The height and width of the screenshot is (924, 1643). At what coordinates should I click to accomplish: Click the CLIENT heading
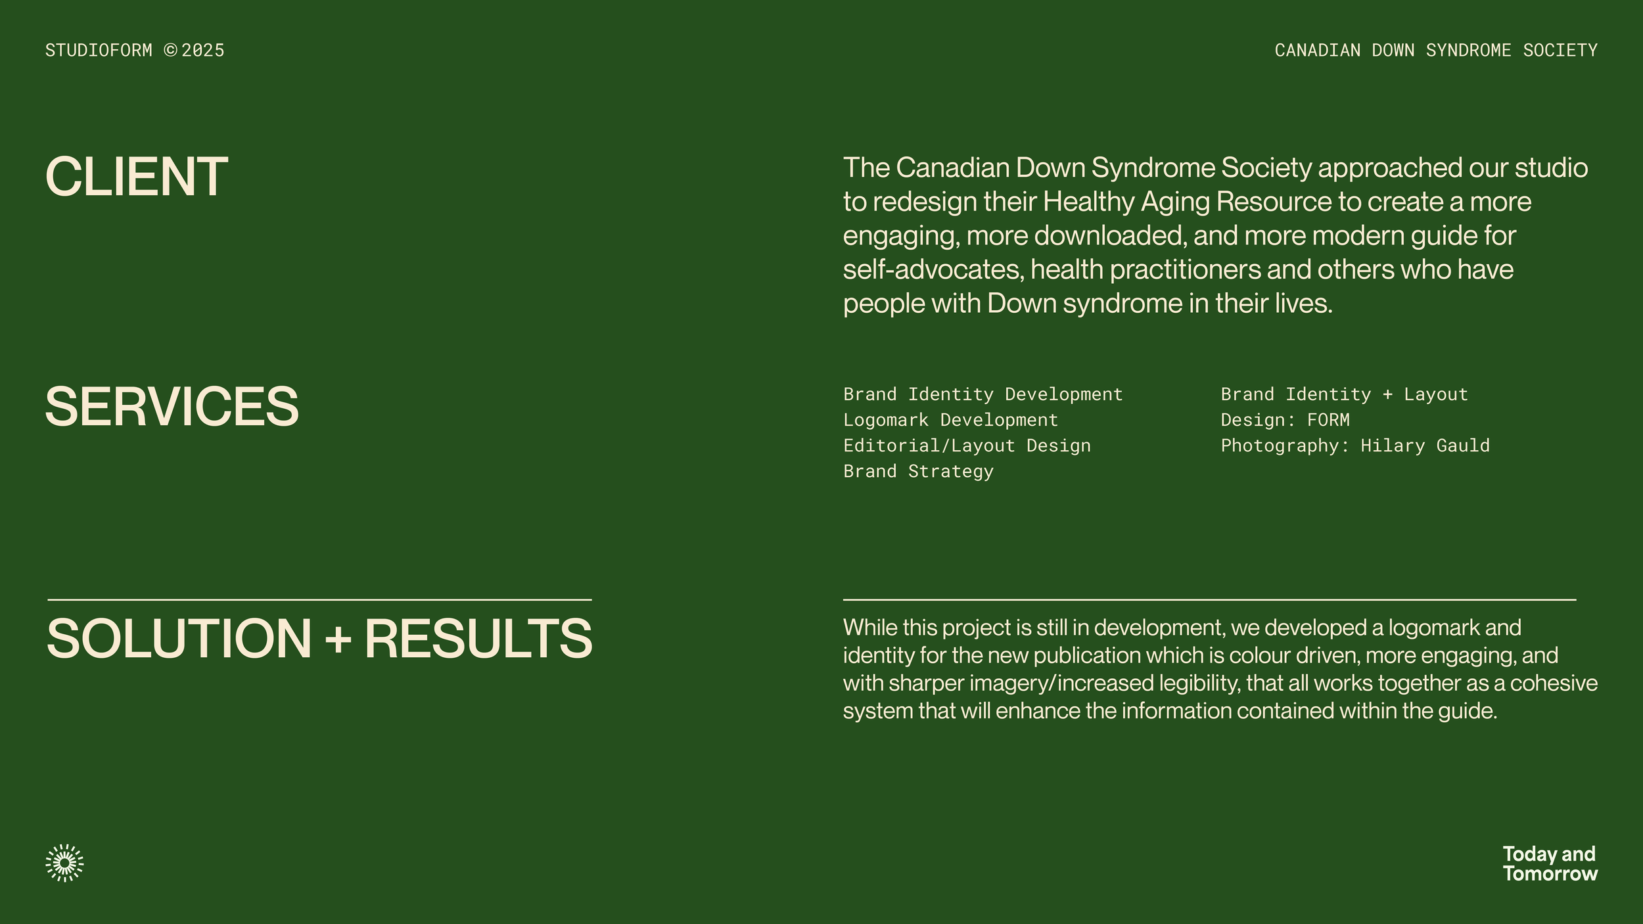(x=137, y=177)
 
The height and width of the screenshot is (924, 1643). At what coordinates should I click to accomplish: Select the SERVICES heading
(x=172, y=407)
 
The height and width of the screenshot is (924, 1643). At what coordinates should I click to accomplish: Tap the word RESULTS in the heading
(x=478, y=638)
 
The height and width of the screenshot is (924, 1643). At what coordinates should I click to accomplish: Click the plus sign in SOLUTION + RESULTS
(x=338, y=639)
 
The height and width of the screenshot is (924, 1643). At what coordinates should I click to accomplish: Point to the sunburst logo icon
(x=64, y=862)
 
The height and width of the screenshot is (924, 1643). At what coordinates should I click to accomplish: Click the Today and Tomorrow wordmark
(x=1550, y=864)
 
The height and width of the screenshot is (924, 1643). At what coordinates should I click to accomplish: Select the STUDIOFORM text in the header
(x=99, y=51)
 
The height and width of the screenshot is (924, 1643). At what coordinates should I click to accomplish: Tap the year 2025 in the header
(x=203, y=51)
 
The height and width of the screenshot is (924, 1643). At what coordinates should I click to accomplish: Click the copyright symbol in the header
(x=170, y=51)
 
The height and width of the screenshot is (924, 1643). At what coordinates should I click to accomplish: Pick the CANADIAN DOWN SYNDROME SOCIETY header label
(x=1436, y=51)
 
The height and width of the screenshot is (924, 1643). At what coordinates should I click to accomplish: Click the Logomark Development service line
(x=950, y=420)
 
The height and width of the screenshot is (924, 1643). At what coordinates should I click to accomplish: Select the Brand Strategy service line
(x=918, y=471)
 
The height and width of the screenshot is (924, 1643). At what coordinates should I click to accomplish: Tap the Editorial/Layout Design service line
(x=967, y=446)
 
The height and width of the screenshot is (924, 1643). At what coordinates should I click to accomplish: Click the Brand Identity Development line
(x=983, y=394)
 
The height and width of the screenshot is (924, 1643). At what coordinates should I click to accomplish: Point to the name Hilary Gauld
(x=1425, y=446)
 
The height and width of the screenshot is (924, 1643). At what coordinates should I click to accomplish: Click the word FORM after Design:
(x=1328, y=420)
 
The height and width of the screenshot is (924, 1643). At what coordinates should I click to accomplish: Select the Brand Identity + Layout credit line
(x=1344, y=394)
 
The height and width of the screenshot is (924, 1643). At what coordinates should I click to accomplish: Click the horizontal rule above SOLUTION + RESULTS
(x=319, y=600)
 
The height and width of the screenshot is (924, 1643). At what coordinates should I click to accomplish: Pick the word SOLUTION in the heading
(x=179, y=638)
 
